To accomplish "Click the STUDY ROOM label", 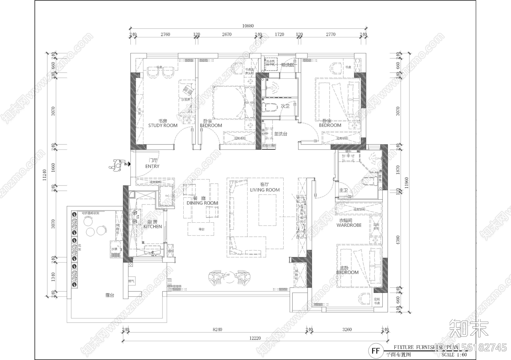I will pos(163,126).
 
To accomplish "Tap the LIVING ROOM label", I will pos(265,190).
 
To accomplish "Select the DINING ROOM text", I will pos(202,203).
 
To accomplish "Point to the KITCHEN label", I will pos(153,226).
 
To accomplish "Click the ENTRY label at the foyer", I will pos(152,166).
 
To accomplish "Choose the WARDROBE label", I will pos(349,225).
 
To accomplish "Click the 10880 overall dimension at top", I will pos(248,26).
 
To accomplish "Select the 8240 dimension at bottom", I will pos(217,330).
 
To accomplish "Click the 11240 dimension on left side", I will pos(45,175).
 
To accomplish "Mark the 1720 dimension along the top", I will pos(279,34).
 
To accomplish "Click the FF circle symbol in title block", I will pos(376,351).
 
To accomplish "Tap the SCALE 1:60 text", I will pos(454,355).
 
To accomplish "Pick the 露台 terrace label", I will pos(110,295).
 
